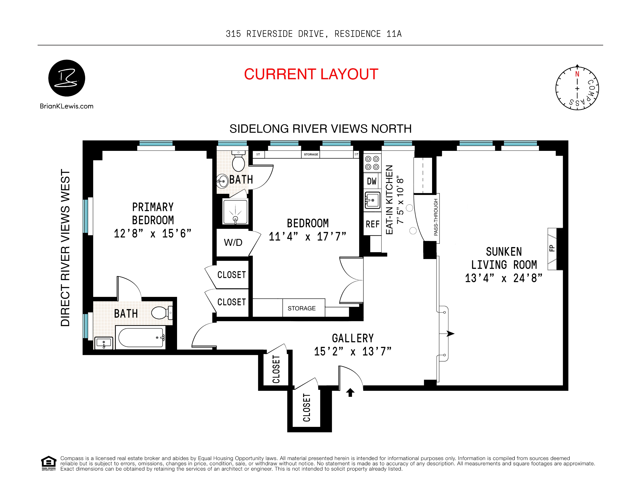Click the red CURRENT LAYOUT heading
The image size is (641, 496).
[311, 74]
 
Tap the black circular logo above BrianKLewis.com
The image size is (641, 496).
[67, 78]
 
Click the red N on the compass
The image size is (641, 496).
[577, 74]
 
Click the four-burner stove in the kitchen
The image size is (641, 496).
[372, 163]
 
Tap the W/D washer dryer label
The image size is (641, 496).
[233, 242]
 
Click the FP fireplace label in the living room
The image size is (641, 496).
[552, 248]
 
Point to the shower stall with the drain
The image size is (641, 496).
[235, 211]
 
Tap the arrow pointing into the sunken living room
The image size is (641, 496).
[450, 333]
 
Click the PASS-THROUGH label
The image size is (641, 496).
[436, 217]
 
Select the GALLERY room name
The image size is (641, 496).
[353, 338]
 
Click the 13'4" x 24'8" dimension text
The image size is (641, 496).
[504, 278]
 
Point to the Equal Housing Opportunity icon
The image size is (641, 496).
[48, 463]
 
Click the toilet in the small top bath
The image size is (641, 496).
[238, 161]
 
